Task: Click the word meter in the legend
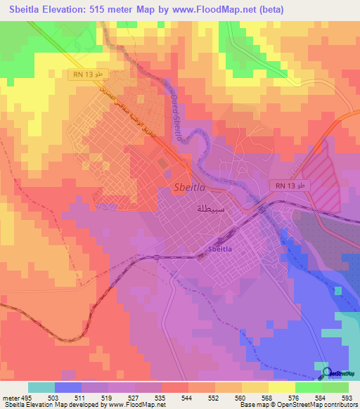(x=9, y=397)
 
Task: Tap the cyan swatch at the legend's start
(x=41, y=387)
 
